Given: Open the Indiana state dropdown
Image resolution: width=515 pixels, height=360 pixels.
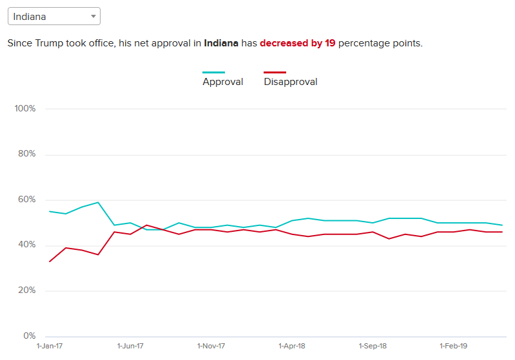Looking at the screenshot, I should (53, 16).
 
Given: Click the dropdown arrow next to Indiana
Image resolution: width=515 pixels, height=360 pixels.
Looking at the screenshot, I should (93, 16).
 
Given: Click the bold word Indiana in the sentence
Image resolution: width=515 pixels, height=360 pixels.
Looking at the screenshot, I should (221, 44).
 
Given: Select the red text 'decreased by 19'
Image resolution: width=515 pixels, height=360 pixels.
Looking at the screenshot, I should (297, 44).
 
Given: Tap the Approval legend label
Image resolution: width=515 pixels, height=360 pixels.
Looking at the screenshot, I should (223, 82).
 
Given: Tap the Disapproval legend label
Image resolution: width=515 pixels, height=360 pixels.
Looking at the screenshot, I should (291, 82).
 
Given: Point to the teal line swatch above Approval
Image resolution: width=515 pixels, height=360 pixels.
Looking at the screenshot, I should (214, 72).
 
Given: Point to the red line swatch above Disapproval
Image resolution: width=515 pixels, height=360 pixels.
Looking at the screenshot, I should (275, 72).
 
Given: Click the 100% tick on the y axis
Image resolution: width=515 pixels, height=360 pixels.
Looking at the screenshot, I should (24, 108).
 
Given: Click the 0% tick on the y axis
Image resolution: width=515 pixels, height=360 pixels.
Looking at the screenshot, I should (28, 336).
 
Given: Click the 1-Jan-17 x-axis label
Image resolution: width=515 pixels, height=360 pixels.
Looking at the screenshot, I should (50, 346).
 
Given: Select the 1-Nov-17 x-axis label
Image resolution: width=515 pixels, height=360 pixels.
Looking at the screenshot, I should (211, 346).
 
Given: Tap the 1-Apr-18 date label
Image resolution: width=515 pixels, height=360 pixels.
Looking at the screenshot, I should (292, 346).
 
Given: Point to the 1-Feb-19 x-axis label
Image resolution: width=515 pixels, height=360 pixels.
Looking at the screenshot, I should (453, 346).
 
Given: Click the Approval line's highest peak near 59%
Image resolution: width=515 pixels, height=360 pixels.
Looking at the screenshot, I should (98, 202).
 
